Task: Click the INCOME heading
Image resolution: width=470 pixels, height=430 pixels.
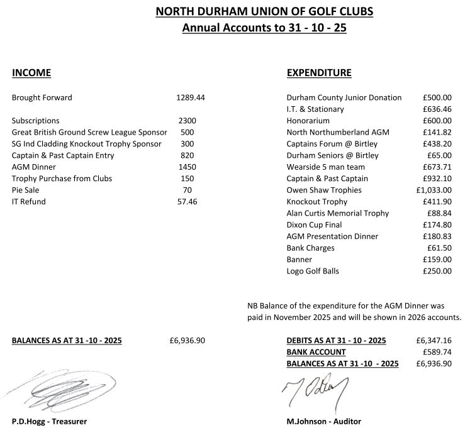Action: click(31, 73)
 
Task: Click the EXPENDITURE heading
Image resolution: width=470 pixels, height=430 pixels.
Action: click(319, 73)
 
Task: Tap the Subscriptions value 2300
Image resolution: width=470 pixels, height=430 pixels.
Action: click(187, 121)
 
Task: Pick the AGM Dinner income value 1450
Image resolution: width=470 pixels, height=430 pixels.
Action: click(187, 167)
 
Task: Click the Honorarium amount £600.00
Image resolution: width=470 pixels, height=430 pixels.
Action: click(437, 121)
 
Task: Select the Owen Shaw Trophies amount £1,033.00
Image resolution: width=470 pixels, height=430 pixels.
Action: click(434, 190)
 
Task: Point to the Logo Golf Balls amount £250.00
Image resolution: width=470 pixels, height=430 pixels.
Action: click(437, 271)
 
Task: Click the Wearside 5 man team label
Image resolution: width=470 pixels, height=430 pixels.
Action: click(325, 167)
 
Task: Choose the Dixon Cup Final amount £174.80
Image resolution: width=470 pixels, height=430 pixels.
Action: click(437, 224)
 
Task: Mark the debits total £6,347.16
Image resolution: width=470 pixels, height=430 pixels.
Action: click(434, 340)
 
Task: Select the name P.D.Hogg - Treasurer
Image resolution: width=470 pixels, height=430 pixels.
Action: click(49, 421)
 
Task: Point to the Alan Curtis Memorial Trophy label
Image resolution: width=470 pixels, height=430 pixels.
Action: click(337, 213)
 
